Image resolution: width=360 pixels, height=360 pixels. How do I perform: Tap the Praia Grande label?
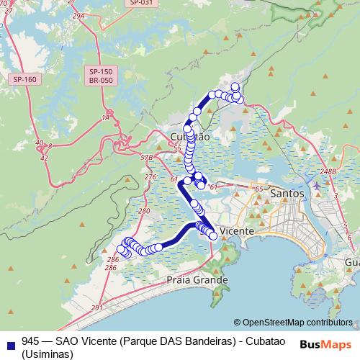pos(197,279)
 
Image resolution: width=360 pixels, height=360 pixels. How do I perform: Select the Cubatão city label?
pos(190,136)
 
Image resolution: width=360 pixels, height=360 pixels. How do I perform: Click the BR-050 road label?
pos(101,81)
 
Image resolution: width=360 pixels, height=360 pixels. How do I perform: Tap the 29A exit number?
pos(78,14)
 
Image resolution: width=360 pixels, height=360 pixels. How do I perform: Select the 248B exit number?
pos(328,171)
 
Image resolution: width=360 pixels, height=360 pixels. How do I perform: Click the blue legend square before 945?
pos(9,342)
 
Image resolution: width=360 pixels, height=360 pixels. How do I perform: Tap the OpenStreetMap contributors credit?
pos(297,322)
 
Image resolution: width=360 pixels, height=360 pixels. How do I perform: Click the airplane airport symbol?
pos(318,186)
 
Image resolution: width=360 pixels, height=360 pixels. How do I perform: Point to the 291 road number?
pos(97,307)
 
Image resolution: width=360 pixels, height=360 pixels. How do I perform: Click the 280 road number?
pos(143,211)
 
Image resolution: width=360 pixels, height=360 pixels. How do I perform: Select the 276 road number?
pos(150,176)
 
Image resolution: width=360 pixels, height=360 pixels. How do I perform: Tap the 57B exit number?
pos(147,156)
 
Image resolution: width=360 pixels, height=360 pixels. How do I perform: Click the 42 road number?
pos(45,156)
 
